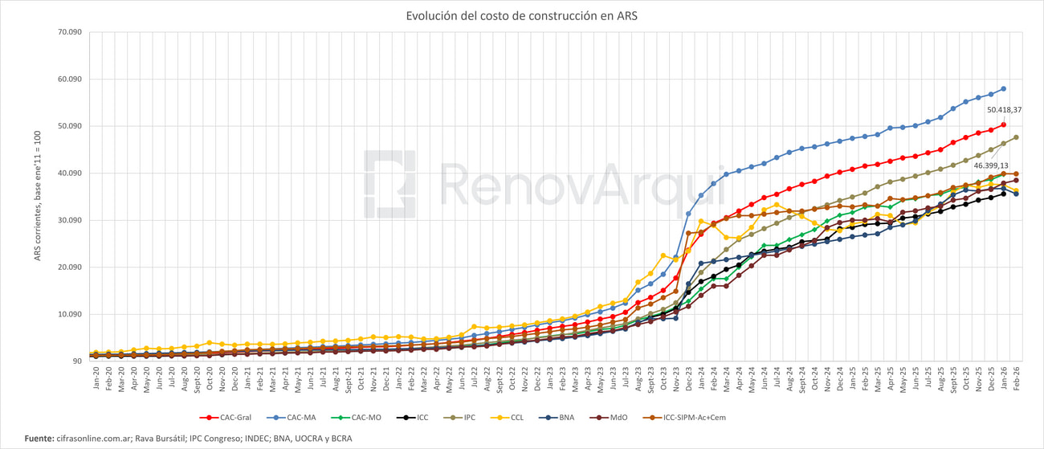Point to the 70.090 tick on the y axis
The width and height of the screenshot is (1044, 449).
68,32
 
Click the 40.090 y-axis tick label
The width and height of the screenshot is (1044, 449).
68,173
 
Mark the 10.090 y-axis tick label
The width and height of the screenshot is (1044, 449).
68,314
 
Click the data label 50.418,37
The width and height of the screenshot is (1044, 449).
1004,109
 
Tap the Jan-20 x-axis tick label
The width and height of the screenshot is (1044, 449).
96,382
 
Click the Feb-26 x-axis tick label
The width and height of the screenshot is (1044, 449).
1016,382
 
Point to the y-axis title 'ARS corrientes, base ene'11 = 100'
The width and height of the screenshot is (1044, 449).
38,197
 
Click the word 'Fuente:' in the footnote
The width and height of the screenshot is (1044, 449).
39,438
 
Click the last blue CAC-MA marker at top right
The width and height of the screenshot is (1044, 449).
1004,89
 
